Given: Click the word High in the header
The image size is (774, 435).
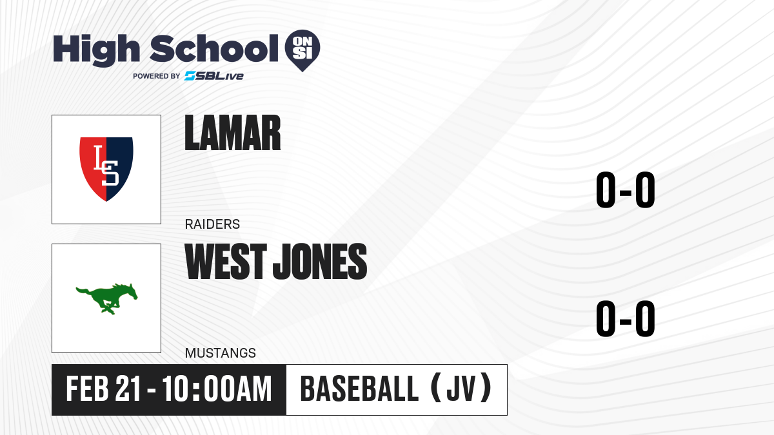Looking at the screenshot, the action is point(96,50).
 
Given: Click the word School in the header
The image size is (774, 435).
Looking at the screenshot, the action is point(214,48).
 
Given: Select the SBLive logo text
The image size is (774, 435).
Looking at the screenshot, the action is point(214,76).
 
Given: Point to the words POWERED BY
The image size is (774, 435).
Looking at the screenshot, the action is point(157,76).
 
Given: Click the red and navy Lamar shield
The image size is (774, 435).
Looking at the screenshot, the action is point(106,169).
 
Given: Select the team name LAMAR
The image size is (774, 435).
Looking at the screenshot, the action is point(233,133).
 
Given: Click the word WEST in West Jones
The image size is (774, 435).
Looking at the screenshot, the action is point(226,261).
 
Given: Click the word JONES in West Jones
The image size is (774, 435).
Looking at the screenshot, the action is point(320,261).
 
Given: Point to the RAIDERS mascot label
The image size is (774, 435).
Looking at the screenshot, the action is point(212,224).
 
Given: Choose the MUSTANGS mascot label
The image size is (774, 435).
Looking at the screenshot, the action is point(221,353).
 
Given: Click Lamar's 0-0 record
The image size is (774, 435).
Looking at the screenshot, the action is point(626,190).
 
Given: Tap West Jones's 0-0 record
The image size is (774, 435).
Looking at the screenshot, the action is point(626,318).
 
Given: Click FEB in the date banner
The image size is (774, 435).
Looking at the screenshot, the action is point(88,389).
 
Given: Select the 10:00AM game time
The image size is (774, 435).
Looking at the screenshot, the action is point(217,389).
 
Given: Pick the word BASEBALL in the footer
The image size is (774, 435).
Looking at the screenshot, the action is point(360,389).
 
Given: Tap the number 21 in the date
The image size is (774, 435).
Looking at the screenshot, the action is point(128,389).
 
